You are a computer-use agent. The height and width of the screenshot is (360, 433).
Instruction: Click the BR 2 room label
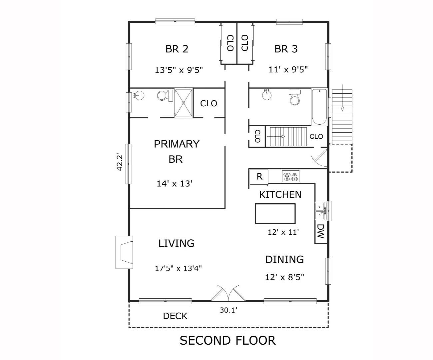[177, 49]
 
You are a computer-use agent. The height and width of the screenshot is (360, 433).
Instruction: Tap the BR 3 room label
[286, 49]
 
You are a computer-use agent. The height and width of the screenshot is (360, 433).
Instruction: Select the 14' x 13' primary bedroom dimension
[175, 183]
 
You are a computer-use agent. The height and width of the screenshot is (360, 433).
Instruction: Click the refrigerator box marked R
[259, 177]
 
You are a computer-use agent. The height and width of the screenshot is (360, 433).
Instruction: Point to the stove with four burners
[290, 176]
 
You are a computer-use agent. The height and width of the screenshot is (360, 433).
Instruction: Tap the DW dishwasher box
[320, 231]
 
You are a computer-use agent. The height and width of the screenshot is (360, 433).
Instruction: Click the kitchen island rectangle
[275, 214]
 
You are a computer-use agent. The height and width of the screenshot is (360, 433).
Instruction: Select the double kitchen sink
[320, 211]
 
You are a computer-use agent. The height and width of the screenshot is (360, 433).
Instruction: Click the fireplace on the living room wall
[125, 252]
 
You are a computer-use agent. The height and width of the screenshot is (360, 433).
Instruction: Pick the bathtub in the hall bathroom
[319, 106]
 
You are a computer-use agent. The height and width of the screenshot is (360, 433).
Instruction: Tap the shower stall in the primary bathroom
[184, 103]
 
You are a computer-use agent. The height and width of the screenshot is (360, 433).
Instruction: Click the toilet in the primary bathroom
[163, 96]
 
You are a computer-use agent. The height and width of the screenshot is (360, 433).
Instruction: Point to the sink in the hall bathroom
[267, 95]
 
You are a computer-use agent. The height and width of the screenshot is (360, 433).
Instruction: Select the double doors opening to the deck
[225, 293]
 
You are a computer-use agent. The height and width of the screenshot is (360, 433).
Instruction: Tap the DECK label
[175, 316]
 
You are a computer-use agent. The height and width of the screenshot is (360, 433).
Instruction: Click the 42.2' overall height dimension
[120, 162]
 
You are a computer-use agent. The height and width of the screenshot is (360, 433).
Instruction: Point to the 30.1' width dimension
[228, 310]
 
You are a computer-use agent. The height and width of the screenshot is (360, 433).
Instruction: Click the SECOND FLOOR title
[227, 340]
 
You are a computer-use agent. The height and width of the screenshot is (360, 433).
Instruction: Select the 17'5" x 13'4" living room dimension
[178, 268]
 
